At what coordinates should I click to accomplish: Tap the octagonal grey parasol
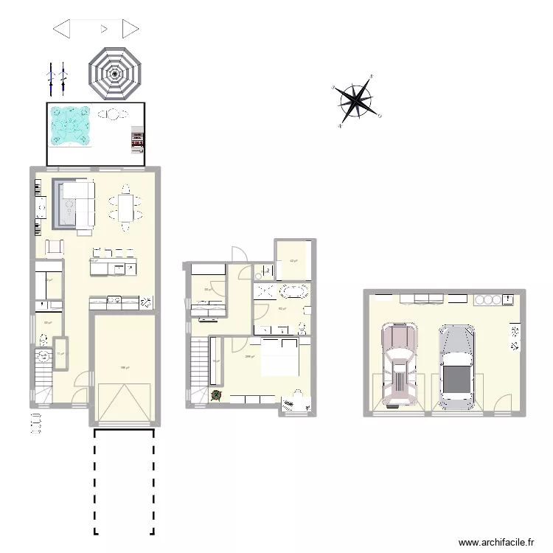(x=115, y=73)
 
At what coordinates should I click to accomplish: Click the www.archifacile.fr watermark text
(x=495, y=541)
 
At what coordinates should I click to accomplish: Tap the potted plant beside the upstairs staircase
(x=216, y=395)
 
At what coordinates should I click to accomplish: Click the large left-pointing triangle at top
(x=62, y=29)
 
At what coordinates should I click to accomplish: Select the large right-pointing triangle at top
(x=131, y=29)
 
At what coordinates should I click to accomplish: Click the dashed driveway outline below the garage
(x=124, y=483)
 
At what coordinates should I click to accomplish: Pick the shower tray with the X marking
(x=262, y=291)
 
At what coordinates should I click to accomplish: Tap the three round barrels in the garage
(x=487, y=299)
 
